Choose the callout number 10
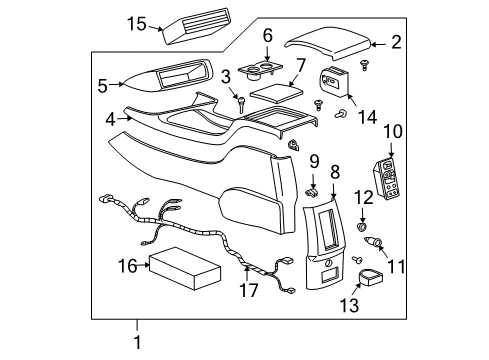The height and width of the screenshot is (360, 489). pyautogui.click(x=393, y=131)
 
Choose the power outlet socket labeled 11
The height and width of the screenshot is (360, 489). pyautogui.click(x=382, y=243)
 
